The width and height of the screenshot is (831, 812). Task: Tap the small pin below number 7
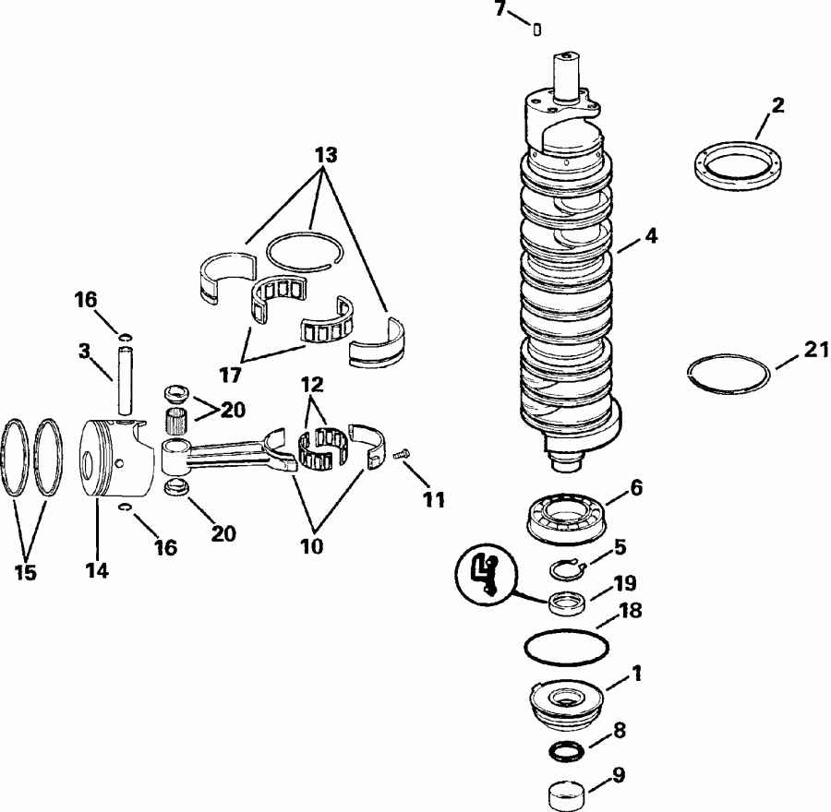[536, 29]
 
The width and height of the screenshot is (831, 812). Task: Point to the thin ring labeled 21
[729, 374]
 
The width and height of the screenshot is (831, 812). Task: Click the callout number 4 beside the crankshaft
[651, 236]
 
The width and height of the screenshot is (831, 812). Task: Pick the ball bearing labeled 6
[565, 513]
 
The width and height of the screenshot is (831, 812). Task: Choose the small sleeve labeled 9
[565, 791]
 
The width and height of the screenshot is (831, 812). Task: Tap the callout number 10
[312, 545]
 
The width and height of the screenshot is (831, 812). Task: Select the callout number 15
[26, 572]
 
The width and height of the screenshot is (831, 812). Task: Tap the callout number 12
[312, 384]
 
